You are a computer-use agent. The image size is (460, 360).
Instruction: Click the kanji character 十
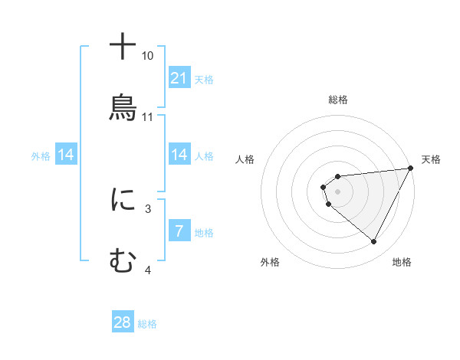(x=123, y=47)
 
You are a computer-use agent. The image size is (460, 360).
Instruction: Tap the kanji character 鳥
(x=123, y=106)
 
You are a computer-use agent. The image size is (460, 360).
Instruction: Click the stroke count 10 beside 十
(x=148, y=56)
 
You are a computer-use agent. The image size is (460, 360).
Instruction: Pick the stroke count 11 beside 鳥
(x=148, y=117)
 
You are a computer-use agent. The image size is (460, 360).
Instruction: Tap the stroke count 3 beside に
(x=148, y=208)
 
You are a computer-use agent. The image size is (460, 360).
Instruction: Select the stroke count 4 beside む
(x=148, y=270)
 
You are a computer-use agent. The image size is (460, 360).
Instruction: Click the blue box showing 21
(x=179, y=78)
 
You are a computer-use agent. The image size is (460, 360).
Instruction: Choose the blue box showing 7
(x=179, y=231)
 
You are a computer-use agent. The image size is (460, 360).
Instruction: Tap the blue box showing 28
(x=123, y=322)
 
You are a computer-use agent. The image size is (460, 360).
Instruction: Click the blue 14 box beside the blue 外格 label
(x=66, y=155)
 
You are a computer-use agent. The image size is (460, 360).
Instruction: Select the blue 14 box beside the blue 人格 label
(x=179, y=155)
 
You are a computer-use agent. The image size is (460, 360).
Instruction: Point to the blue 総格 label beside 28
(x=147, y=324)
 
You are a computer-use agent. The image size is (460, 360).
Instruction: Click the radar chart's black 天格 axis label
(x=431, y=159)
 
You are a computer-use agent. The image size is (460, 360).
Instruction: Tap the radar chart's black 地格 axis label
(x=402, y=262)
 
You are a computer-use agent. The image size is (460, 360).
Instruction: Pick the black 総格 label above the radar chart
(x=337, y=100)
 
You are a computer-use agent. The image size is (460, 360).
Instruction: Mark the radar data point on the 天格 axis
(x=410, y=168)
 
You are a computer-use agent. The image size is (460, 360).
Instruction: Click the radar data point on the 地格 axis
(x=374, y=242)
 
